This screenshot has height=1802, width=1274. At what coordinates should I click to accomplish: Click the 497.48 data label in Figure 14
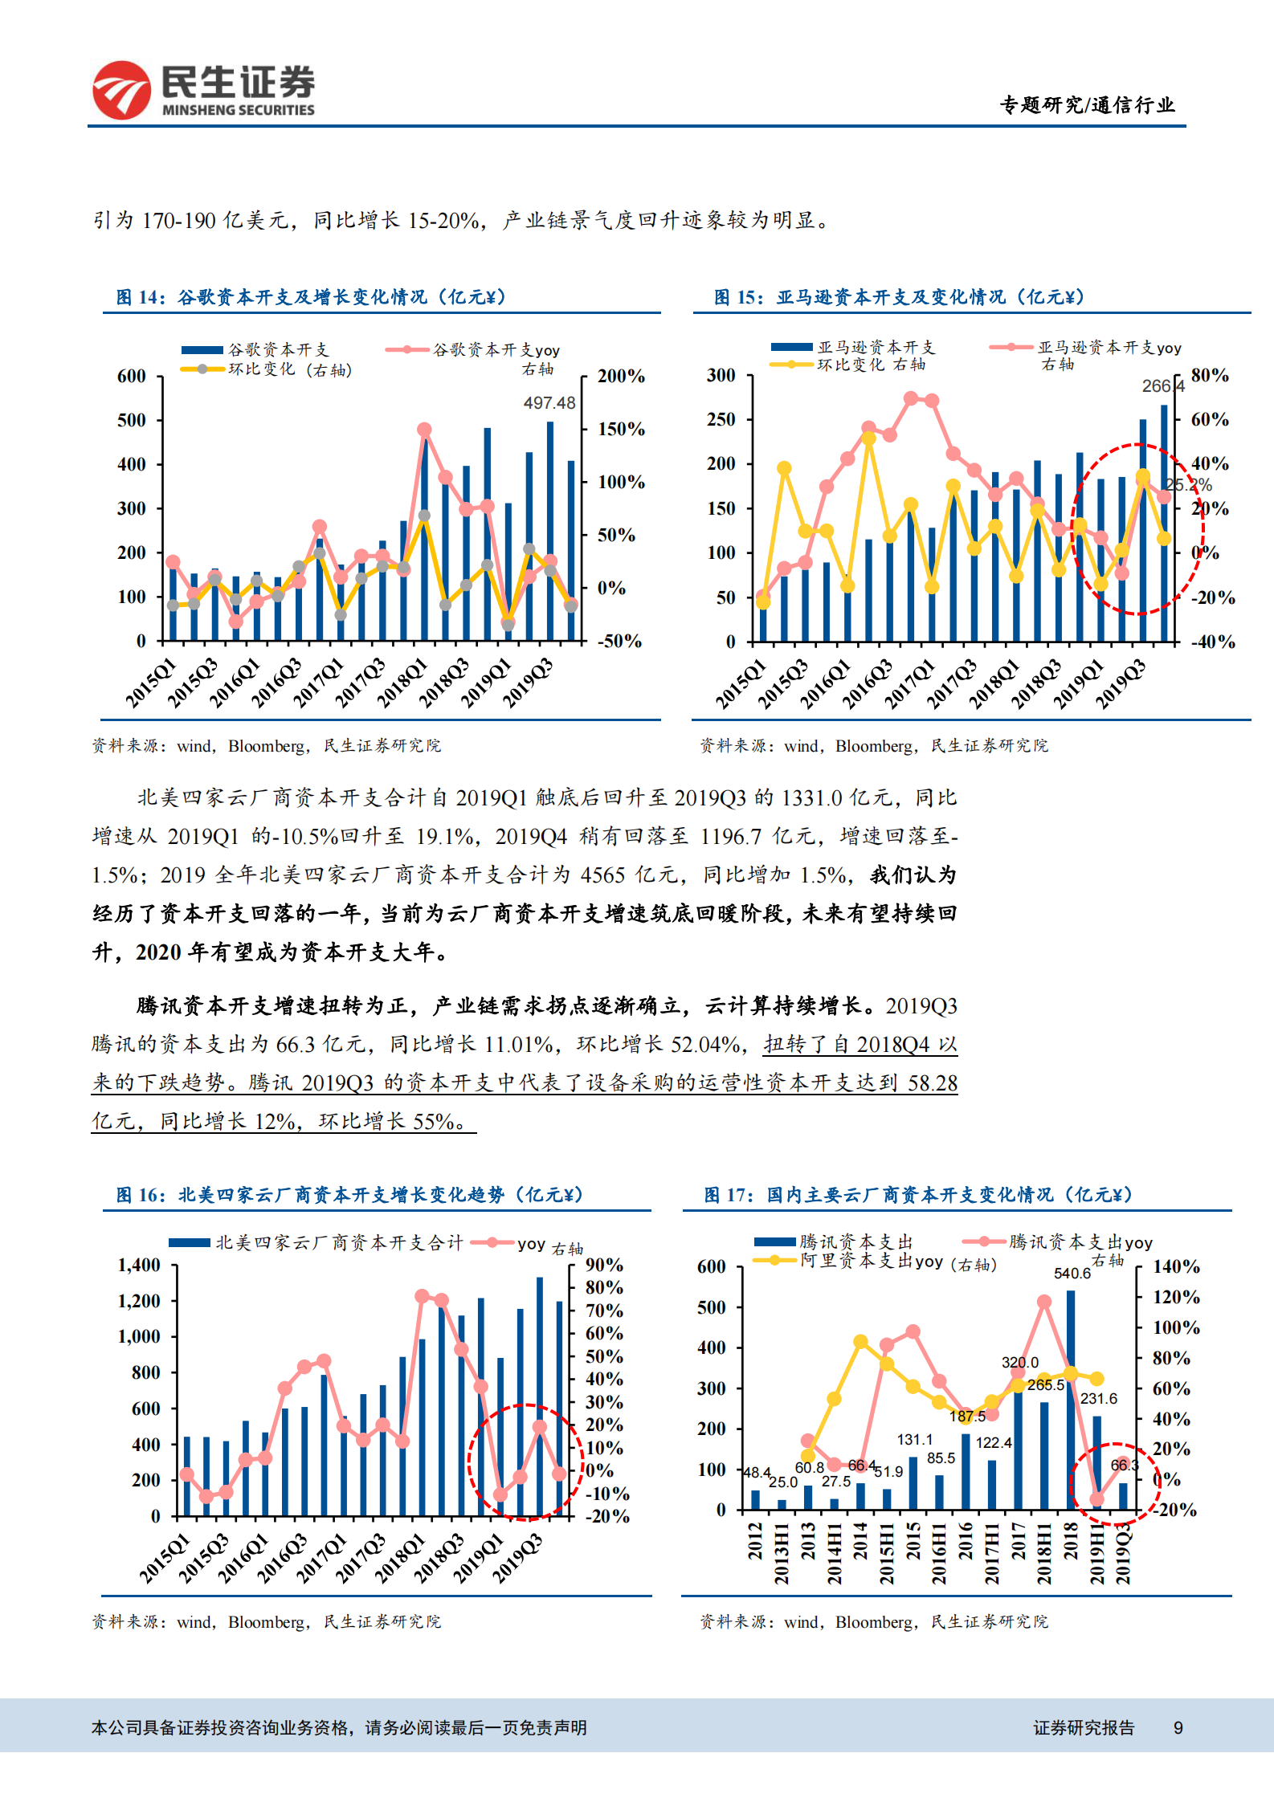pyautogui.click(x=549, y=403)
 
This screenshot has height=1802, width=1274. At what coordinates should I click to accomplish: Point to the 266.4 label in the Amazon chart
pyautogui.click(x=1162, y=386)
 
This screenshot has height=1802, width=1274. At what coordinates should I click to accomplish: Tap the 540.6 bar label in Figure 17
pyautogui.click(x=1072, y=1274)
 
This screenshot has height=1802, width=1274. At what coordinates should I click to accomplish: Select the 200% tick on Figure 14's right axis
pyautogui.click(x=620, y=376)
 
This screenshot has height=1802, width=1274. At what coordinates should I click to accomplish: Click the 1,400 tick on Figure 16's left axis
pyautogui.click(x=139, y=1266)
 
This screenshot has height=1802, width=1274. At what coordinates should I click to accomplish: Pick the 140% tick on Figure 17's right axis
pyautogui.click(x=1175, y=1267)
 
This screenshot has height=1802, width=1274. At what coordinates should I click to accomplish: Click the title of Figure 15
pyautogui.click(x=900, y=297)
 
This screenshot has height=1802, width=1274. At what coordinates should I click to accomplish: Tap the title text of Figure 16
pyautogui.click(x=349, y=1195)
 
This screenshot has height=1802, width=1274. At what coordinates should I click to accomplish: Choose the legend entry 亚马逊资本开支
pyautogui.click(x=876, y=347)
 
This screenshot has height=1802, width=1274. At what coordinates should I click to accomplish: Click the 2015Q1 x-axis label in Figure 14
pyautogui.click(x=151, y=683)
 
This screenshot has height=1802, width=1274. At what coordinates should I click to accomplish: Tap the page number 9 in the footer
pyautogui.click(x=1178, y=1728)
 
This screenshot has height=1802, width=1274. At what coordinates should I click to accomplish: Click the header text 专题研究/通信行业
pyautogui.click(x=1087, y=105)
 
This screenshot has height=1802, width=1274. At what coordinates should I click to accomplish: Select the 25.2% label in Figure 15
pyautogui.click(x=1188, y=485)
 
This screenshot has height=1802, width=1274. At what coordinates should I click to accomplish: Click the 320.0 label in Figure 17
pyautogui.click(x=1019, y=1363)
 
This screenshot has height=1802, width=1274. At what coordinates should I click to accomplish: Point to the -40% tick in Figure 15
pyautogui.click(x=1212, y=642)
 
